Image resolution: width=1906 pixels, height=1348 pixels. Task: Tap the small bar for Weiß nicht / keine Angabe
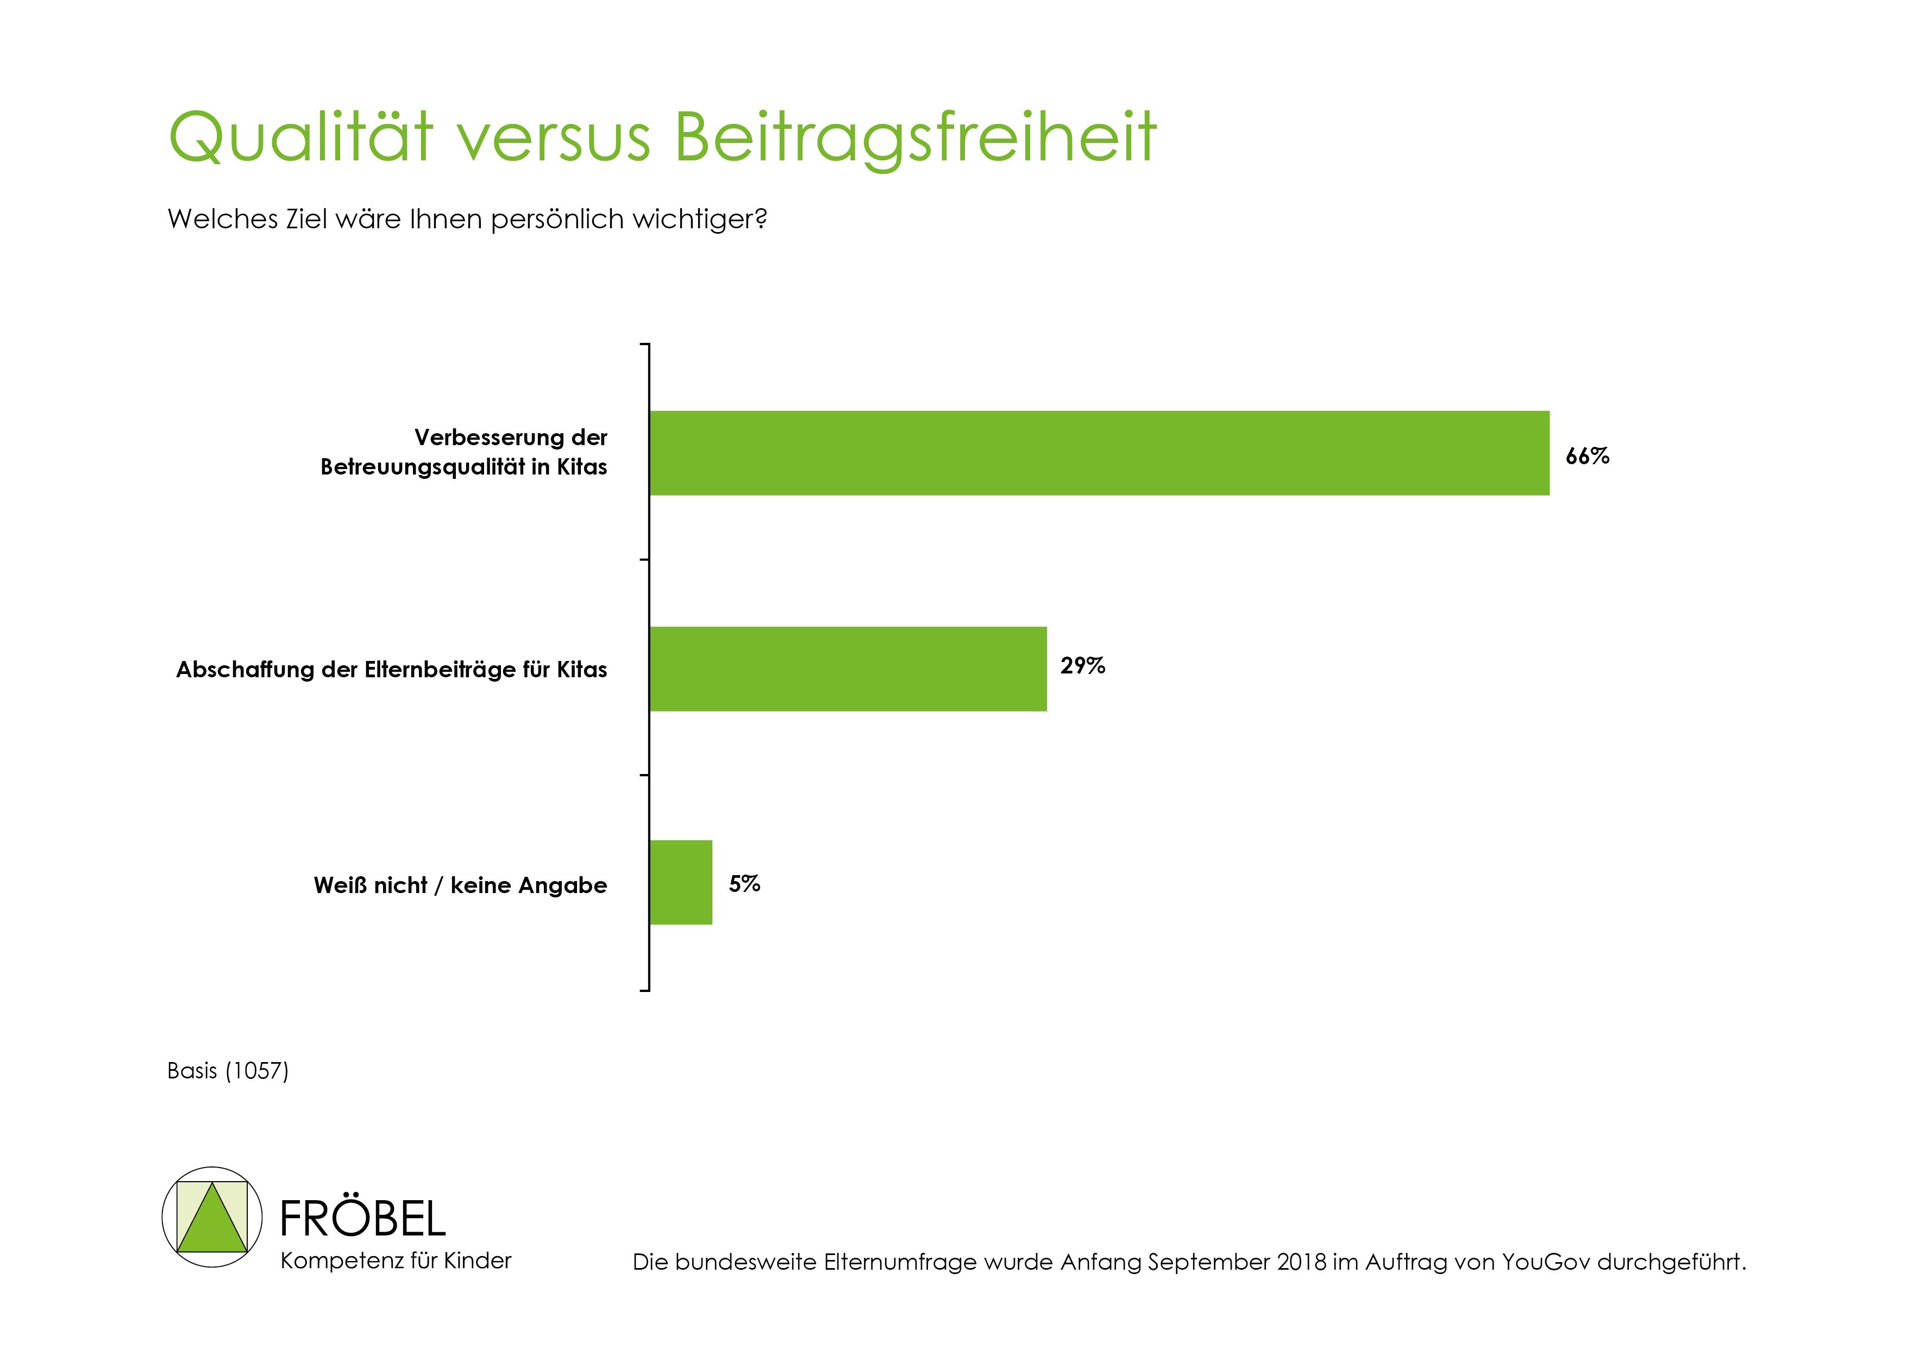681,882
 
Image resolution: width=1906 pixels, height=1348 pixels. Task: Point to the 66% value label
1587,456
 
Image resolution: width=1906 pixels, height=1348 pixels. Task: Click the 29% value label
1082,665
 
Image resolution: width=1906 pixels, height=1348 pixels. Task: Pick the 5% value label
744,884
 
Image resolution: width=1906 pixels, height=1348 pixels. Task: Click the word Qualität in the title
300,137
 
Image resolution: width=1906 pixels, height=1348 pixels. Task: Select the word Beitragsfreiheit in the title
915,137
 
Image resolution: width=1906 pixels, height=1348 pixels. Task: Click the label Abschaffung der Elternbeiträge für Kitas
391,670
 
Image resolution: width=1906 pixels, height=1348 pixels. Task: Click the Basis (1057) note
228,1071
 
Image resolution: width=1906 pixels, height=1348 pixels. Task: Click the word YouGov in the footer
1546,1263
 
